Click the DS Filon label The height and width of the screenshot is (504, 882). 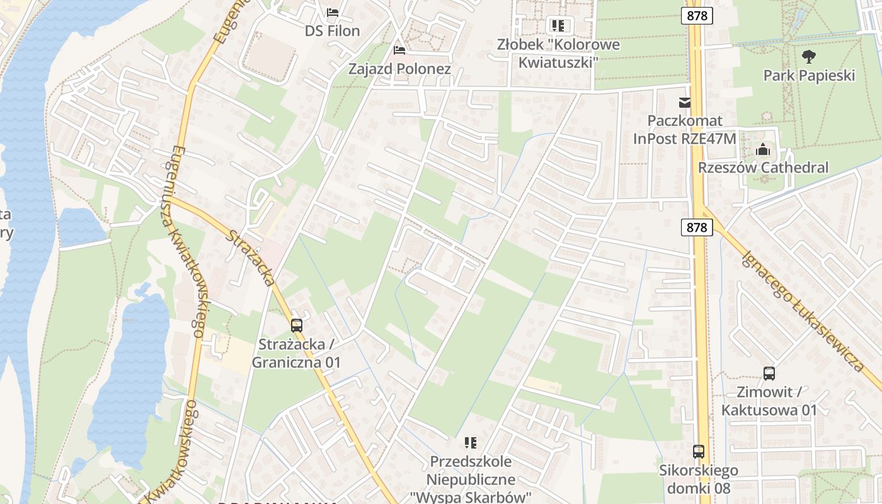tap(332, 31)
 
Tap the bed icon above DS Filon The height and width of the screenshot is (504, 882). tap(333, 12)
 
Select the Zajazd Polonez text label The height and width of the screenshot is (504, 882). tap(399, 69)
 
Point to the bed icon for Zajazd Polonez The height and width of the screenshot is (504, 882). tap(399, 50)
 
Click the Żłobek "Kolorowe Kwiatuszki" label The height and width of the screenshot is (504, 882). tap(558, 54)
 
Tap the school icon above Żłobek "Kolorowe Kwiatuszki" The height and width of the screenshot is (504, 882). tap(558, 26)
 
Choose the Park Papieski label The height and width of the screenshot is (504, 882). tap(809, 76)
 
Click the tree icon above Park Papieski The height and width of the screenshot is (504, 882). tap(809, 57)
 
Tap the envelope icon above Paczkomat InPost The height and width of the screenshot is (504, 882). tap(685, 103)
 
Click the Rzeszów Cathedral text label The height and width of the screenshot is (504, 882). tap(763, 168)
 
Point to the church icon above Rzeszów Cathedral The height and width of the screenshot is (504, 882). tap(763, 150)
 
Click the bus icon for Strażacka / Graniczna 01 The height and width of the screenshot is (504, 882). tap(297, 326)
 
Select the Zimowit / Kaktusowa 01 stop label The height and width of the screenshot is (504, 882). tap(769, 401)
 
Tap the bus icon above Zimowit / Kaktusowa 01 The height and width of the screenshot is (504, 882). tap(769, 374)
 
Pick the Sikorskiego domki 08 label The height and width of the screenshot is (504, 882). tap(699, 479)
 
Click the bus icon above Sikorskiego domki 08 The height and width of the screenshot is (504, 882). tap(699, 452)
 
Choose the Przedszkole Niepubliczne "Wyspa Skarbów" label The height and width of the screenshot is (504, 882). tap(471, 479)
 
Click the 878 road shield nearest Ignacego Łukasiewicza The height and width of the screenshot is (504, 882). tap(697, 227)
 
